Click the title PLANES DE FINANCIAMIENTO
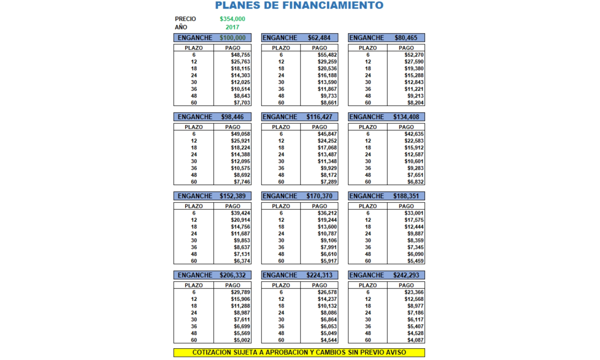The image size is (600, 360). tap(299, 6)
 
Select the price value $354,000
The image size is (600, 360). tap(232, 19)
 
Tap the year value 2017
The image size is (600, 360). tap(232, 27)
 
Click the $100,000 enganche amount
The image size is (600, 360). tap(232, 38)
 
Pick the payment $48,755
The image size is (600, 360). tap(240, 55)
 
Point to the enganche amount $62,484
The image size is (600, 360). tap(320, 38)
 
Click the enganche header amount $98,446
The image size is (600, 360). tap(232, 117)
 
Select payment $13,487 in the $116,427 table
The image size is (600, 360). tap(327, 155)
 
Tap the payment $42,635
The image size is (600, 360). tap(414, 134)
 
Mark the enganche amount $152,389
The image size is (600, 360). tap(232, 196)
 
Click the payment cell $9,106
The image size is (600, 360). tap(327, 240)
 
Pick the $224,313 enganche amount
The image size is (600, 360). tap(320, 276)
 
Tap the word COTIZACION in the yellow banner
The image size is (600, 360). tap(212, 352)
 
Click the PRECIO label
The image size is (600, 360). tap(186, 19)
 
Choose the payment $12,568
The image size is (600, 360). tap(414, 299)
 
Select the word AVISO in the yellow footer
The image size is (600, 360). tap(397, 352)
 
